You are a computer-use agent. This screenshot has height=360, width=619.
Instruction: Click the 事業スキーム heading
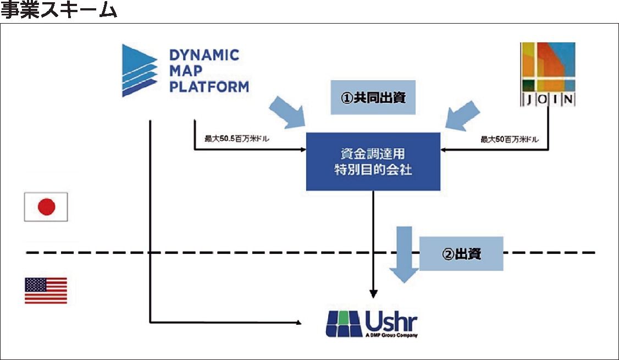[x=59, y=11]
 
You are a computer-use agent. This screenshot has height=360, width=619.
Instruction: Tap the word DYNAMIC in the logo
[x=204, y=55]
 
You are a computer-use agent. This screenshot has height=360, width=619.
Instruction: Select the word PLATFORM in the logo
[x=209, y=87]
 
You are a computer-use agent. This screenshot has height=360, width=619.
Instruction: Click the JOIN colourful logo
[x=548, y=74]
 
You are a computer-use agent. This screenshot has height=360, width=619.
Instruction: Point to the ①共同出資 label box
[x=373, y=98]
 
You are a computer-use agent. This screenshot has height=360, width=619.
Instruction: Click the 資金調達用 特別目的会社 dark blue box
[x=373, y=162]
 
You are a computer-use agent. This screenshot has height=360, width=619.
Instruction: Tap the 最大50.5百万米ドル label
[x=237, y=139]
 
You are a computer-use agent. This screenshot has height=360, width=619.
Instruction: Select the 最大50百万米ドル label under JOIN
[x=510, y=140]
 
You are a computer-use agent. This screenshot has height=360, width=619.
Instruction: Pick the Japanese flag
[x=46, y=207]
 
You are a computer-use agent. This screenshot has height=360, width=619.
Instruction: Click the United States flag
[x=46, y=291]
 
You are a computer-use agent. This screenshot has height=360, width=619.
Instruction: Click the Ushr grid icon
[x=344, y=324]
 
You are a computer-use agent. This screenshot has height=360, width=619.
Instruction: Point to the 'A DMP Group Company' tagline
[x=391, y=335]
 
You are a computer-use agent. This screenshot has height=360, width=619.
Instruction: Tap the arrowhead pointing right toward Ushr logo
[x=299, y=322]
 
